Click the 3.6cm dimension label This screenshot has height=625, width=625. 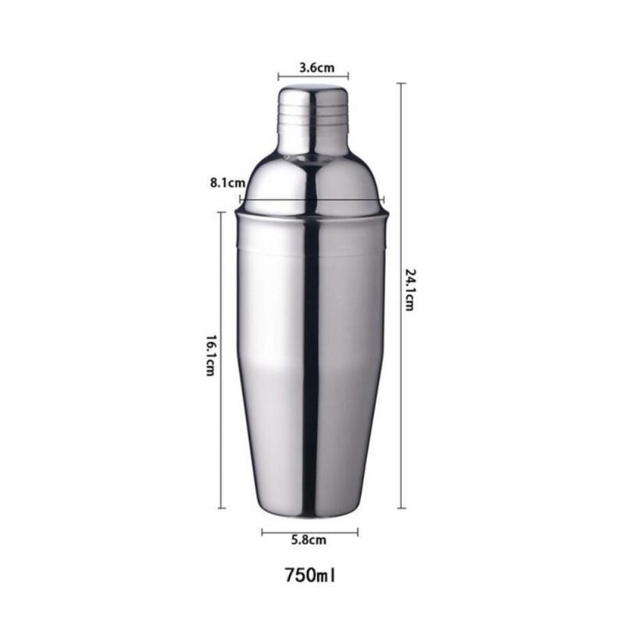coord(312,67)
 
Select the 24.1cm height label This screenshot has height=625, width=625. coord(410,289)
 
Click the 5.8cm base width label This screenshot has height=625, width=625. coord(309,539)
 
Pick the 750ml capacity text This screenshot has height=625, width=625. coord(310,577)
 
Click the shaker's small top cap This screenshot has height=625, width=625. coord(312,117)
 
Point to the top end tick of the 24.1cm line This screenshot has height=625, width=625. coord(402,84)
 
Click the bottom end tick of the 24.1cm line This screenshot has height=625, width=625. coord(402,508)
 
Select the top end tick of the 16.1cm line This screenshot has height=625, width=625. coord(222,212)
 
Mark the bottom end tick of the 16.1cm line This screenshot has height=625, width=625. coord(222,508)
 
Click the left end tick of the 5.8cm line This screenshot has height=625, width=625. coord(262,533)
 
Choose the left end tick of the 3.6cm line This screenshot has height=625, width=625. coord(279,77)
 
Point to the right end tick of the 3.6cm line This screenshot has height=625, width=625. coord(348,77)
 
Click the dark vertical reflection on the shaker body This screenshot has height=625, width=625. coord(311,352)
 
